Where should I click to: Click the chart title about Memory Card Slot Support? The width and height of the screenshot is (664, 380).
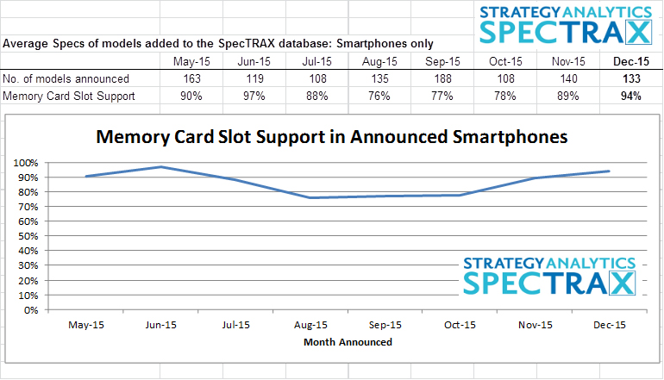click(331, 136)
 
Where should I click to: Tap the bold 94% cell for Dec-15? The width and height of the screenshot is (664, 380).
click(631, 97)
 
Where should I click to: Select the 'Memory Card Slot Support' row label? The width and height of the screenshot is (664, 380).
click(69, 97)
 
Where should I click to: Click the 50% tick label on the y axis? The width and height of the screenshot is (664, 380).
click(30, 236)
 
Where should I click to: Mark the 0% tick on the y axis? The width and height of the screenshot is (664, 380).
click(33, 309)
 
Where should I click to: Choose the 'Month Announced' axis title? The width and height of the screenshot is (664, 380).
click(348, 342)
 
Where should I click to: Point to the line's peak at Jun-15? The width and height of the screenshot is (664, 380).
click(162, 166)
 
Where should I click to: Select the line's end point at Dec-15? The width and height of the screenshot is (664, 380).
click(609, 171)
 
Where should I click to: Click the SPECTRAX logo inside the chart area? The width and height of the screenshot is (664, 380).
click(549, 276)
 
